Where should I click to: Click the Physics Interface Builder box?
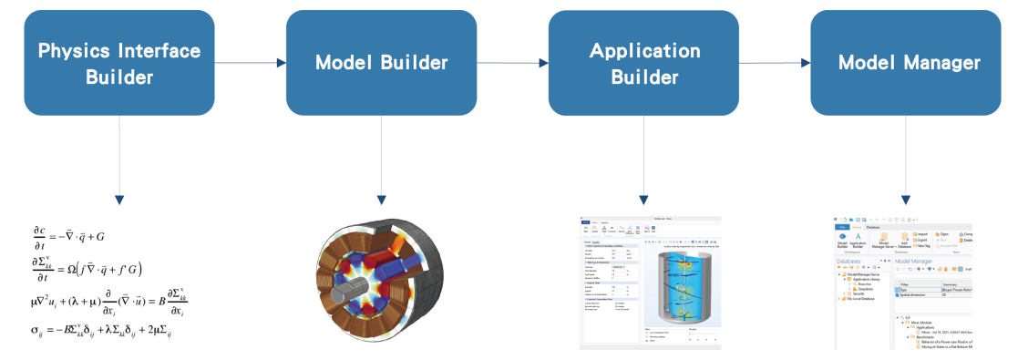tap(119, 63)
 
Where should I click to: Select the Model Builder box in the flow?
tap(381, 63)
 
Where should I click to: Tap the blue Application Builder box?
tap(643, 63)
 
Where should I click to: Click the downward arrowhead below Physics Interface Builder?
tap(119, 199)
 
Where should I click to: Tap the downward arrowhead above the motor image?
tap(381, 199)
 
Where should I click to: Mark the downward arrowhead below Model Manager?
tap(906, 199)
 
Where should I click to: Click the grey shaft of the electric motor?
tap(339, 296)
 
